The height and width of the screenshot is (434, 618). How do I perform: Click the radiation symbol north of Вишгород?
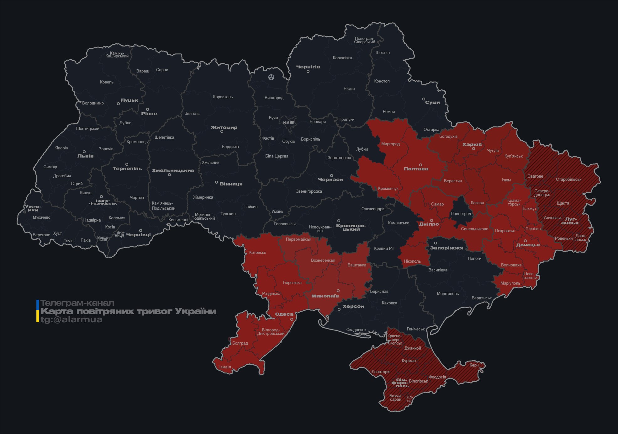(271, 77)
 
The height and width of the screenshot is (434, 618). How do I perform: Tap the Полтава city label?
(416, 169)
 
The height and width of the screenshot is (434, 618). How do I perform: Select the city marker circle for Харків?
(473, 149)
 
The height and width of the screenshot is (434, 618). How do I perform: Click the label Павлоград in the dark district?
(461, 214)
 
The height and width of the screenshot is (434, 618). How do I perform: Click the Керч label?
(474, 365)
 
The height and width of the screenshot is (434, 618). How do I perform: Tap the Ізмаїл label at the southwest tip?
(225, 367)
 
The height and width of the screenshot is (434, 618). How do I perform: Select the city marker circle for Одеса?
(292, 319)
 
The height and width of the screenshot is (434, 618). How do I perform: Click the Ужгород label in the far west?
(33, 208)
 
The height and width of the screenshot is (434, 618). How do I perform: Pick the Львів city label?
(85, 156)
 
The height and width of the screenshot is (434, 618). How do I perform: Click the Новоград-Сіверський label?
(364, 40)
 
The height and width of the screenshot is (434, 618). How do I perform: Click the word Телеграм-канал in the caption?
(77, 303)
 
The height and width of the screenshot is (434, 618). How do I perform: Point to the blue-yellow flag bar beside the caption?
(38, 311)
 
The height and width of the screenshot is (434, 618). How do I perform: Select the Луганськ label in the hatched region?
(570, 221)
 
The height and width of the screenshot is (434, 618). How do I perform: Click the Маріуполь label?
(510, 283)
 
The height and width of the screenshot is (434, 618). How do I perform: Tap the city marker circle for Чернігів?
(308, 72)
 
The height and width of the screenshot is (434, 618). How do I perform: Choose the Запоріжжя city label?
(446, 248)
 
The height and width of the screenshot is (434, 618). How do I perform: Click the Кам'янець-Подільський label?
(163, 206)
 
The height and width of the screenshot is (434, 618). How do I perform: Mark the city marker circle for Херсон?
(339, 309)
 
